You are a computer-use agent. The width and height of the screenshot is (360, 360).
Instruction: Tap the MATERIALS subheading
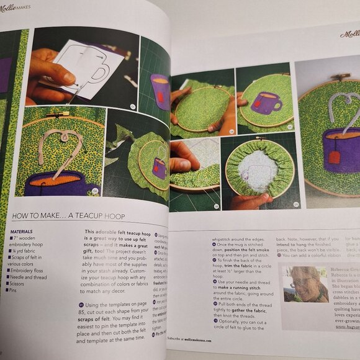(22, 232)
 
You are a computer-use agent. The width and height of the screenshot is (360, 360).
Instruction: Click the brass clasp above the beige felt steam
(55, 115)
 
